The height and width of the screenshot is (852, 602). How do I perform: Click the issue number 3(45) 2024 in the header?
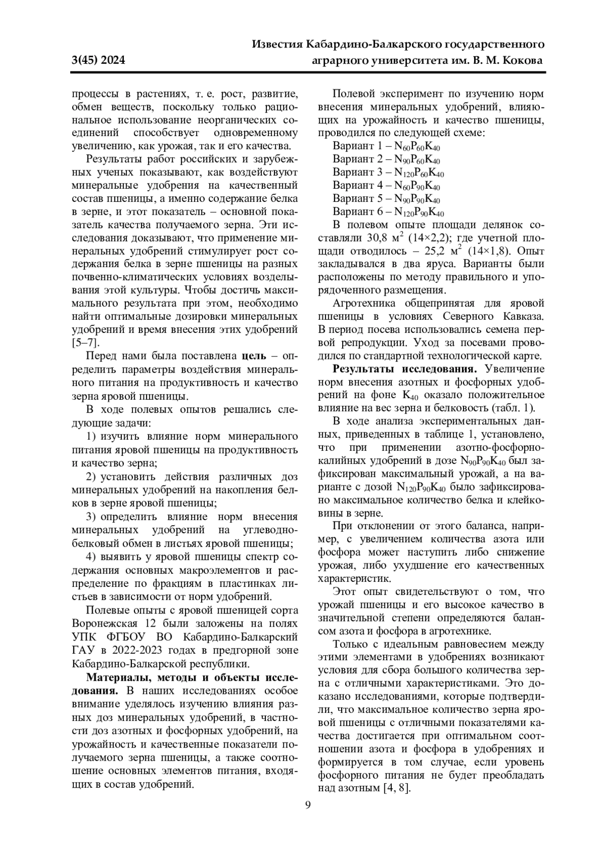click(98, 61)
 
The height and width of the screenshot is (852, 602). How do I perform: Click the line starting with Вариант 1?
click(386, 146)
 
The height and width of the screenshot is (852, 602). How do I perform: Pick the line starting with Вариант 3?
click(388, 172)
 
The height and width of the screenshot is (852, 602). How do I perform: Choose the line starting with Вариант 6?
click(388, 212)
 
